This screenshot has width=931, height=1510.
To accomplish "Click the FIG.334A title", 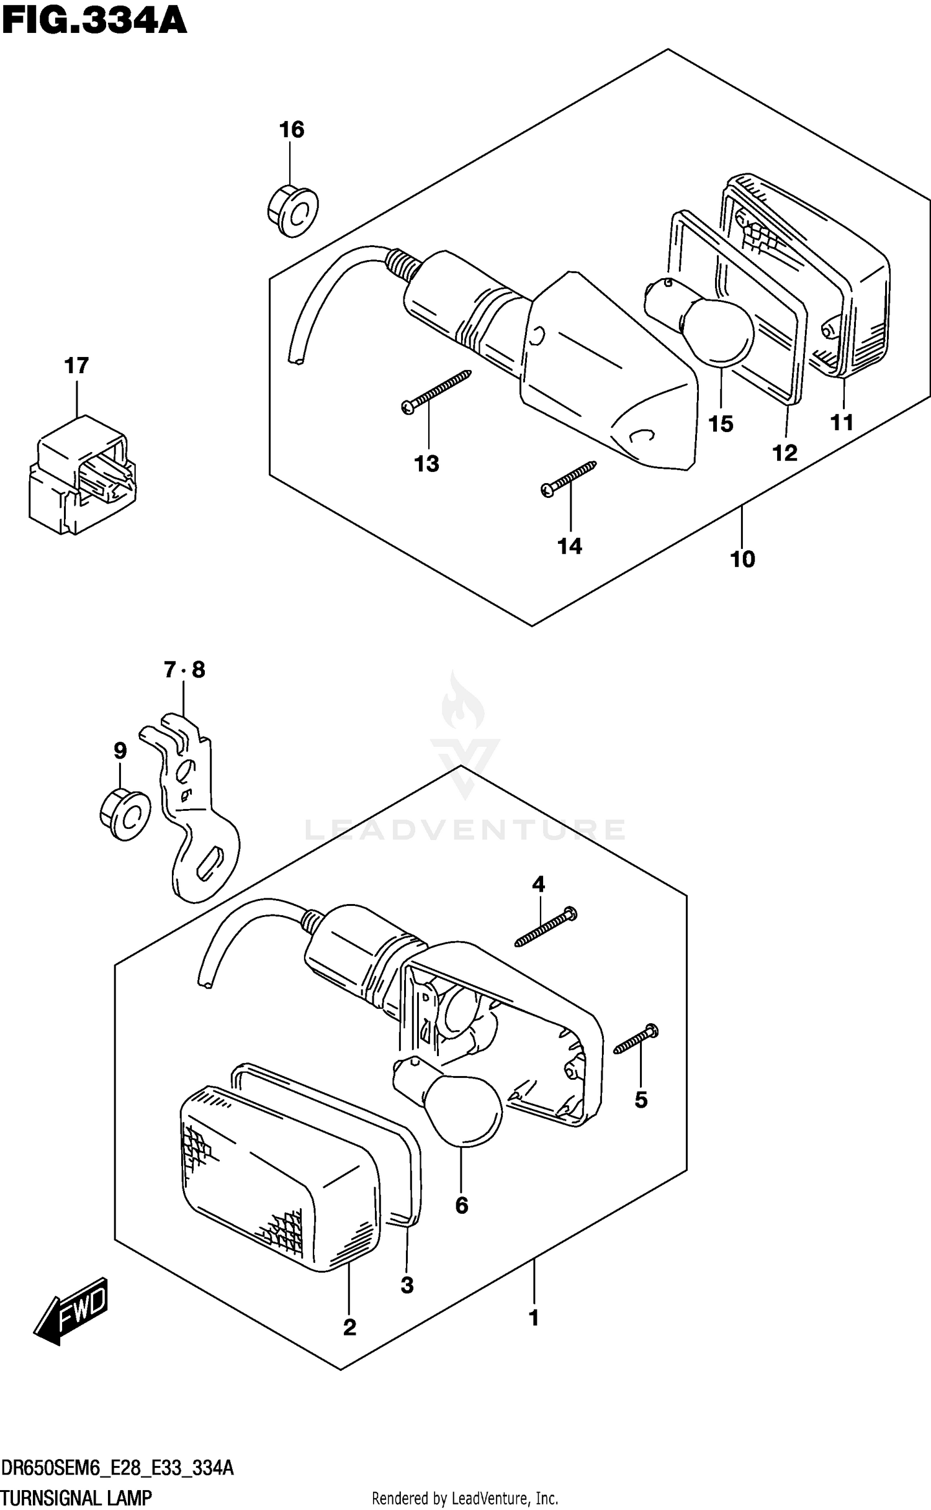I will click(94, 21).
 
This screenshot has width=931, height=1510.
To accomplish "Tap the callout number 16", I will click(291, 130).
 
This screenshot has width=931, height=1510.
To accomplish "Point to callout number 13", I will click(427, 463).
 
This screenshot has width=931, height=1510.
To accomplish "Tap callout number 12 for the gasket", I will click(785, 453).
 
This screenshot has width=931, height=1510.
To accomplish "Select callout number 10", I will click(742, 559).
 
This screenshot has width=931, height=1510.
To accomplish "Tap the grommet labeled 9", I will click(125, 815).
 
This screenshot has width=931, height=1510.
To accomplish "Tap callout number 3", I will click(407, 1285).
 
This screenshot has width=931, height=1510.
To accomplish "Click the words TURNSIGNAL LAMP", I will click(77, 1498).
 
